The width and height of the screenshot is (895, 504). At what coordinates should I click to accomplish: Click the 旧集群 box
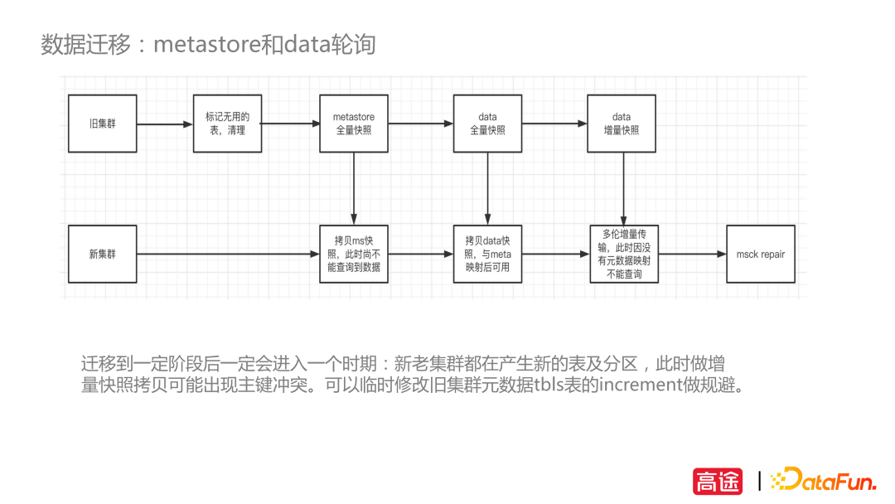coord(103,124)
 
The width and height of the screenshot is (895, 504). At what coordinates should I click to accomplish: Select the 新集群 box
coord(103,254)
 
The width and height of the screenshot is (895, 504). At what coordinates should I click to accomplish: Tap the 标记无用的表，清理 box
coord(227,124)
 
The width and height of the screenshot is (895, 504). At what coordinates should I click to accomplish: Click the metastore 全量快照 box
coord(354,124)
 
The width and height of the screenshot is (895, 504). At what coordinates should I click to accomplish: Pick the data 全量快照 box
coord(487,124)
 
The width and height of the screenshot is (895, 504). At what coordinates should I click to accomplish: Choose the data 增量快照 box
coord(621,124)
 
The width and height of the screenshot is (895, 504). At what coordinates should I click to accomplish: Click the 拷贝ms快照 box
coord(354,254)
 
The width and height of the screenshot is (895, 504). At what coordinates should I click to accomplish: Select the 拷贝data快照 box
coord(487,254)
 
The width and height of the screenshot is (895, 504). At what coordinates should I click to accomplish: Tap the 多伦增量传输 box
coord(624,254)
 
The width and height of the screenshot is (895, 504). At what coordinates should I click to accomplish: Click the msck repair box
coord(760,254)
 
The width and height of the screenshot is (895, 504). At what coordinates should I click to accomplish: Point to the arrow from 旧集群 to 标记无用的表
coord(164,124)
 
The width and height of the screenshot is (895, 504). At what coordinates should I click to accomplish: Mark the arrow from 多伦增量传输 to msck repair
coord(692,254)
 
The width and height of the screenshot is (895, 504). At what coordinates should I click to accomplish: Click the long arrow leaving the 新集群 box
coord(228,254)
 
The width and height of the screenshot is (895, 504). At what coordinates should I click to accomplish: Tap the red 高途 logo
coord(718,481)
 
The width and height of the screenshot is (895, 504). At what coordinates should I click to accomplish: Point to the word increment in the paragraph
coord(637,386)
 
